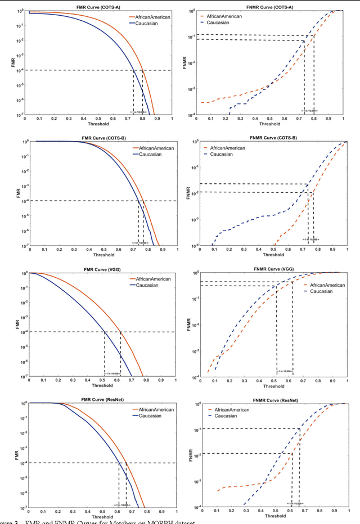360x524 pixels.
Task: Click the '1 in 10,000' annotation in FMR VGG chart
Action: coord(112,373)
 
